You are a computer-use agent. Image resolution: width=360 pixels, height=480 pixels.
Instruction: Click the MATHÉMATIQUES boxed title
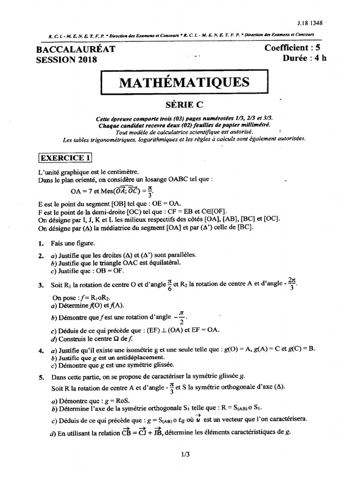(185, 82)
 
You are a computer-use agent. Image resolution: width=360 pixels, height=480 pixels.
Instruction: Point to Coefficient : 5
(295, 48)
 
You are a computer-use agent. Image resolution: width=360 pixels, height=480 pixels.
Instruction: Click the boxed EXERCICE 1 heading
(65, 157)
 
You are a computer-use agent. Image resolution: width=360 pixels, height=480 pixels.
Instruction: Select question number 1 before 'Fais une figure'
(42, 243)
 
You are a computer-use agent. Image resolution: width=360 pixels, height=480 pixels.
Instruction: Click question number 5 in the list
(42, 376)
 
